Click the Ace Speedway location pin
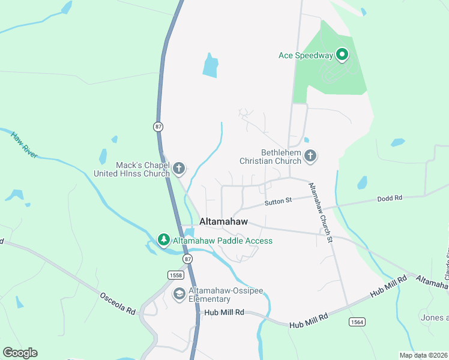pos(342,55)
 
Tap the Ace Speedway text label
pos(306,56)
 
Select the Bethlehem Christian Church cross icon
pos(310,157)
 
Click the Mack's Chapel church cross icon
pos(179,169)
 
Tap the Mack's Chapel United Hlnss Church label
pos(131,169)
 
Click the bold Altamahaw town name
pos(223,221)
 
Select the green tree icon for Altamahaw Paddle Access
pos(163,240)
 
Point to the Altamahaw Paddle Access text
pos(223,241)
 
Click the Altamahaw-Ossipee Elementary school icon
pos(178,294)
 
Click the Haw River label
pos(24,145)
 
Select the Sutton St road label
pos(279,200)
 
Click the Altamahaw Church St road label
pos(320,212)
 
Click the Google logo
pos(20,353)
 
